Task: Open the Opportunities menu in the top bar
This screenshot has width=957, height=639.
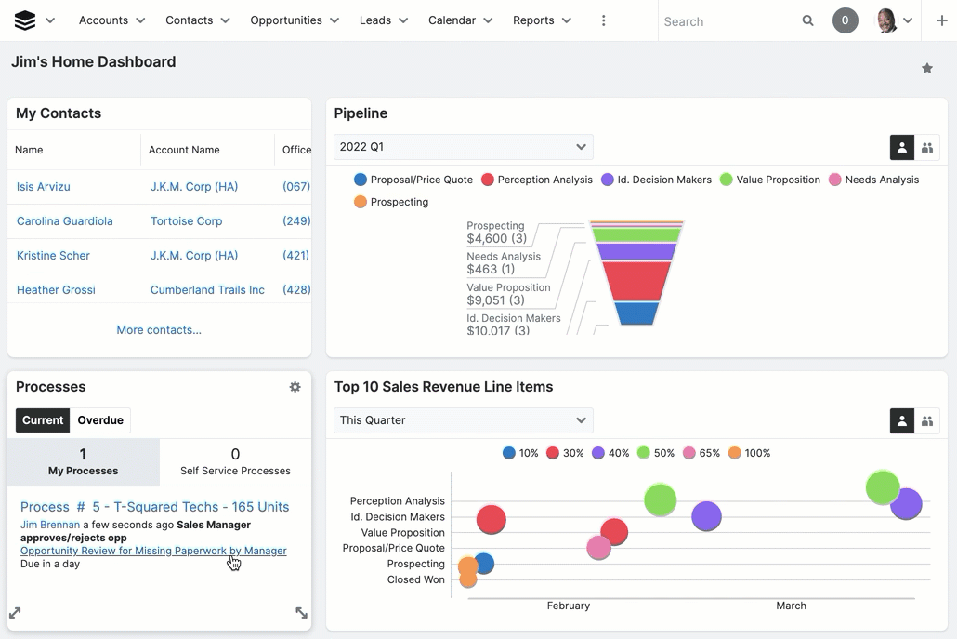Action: pos(294,20)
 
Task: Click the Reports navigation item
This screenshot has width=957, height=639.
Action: pos(542,20)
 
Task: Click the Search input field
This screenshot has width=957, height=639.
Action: pos(729,21)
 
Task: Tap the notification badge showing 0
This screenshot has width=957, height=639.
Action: pos(845,20)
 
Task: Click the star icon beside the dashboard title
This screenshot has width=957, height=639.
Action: pos(926,68)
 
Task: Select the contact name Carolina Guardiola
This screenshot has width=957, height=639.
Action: pos(65,221)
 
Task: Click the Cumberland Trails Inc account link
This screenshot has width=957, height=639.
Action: pos(207,290)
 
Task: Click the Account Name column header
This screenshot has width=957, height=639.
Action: pos(184,150)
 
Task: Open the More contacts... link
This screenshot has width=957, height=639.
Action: pos(159,330)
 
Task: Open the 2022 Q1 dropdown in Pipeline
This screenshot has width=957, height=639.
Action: pos(463,147)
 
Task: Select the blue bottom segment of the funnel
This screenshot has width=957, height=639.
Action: pos(637,313)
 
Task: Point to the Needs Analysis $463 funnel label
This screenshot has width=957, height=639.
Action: pos(503,263)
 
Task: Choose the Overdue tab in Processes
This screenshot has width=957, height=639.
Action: pos(100,420)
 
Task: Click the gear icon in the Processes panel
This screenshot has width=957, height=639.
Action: pos(295,387)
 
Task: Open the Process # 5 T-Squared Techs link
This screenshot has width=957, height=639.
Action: pos(154,507)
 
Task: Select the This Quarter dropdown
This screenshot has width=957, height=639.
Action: pos(463,420)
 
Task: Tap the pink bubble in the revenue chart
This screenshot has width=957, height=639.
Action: pos(599,548)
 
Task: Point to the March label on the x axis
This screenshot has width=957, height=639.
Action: pos(791,606)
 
